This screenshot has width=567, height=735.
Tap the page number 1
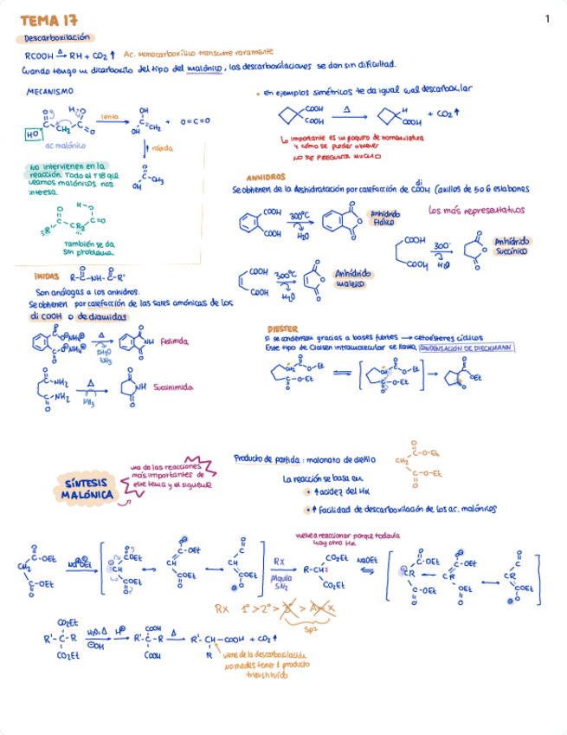pyautogui.click(x=547, y=19)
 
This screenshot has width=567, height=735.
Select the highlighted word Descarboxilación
pyautogui.click(x=57, y=38)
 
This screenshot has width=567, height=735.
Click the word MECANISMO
pyautogui.click(x=50, y=90)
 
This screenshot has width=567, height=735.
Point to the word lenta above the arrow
pyautogui.click(x=110, y=115)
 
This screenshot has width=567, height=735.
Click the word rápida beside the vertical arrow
pyautogui.click(x=162, y=148)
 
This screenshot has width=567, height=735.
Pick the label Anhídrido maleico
pyautogui.click(x=354, y=278)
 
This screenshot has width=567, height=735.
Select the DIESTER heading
pyautogui.click(x=283, y=329)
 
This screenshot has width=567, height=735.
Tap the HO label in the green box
pyautogui.click(x=32, y=135)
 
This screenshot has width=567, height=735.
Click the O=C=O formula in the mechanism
pyautogui.click(x=195, y=121)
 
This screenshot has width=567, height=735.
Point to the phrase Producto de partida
pyautogui.click(x=266, y=458)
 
